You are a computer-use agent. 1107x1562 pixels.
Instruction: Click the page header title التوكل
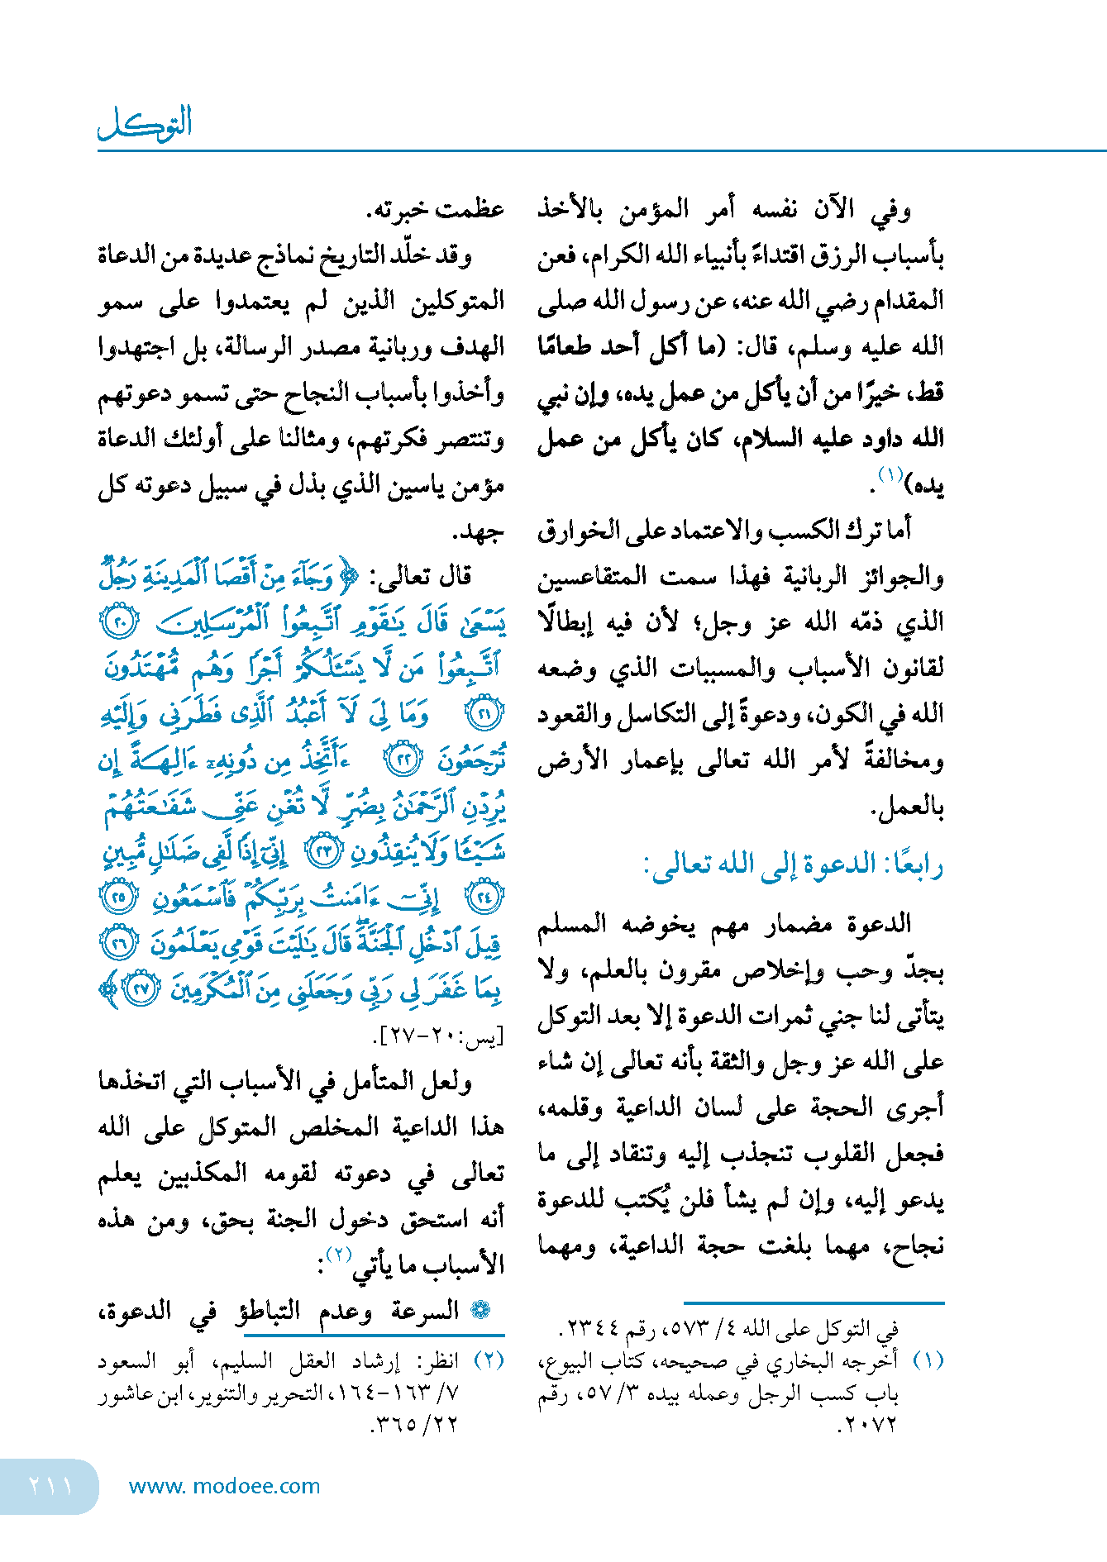[146, 123]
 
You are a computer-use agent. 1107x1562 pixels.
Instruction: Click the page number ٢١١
[50, 1485]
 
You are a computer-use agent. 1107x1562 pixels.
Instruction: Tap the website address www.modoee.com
[224, 1486]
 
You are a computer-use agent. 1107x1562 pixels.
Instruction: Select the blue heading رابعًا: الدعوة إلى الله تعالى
[793, 865]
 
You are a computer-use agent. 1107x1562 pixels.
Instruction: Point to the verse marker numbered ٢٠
[120, 621]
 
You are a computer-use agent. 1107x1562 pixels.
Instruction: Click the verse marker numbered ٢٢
[404, 759]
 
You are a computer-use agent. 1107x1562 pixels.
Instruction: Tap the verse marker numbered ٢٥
[120, 897]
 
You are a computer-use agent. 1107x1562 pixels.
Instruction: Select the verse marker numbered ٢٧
[141, 988]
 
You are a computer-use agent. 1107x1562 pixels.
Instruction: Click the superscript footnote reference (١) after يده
[890, 475]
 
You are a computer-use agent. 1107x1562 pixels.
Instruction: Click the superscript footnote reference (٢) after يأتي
[339, 1254]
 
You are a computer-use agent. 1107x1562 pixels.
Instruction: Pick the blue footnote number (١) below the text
[928, 1360]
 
